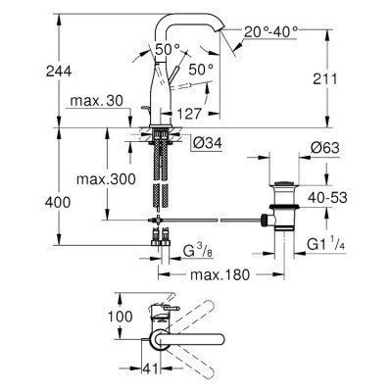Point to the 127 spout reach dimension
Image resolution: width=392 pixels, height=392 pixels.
[204, 113]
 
